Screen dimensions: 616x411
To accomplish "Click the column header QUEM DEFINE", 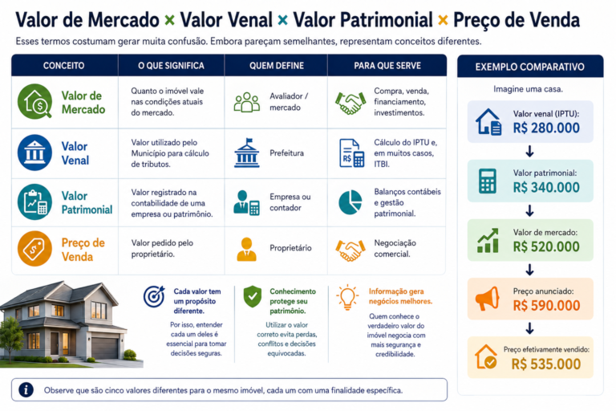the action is pyautogui.click(x=277, y=66).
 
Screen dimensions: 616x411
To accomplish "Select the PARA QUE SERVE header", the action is pyautogui.click(x=387, y=66).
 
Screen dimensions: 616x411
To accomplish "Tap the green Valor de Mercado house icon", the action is pyautogui.click(x=35, y=101).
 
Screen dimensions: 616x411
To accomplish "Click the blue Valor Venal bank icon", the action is pyautogui.click(x=34, y=153).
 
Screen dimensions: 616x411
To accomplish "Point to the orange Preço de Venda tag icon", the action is pyautogui.click(x=34, y=249).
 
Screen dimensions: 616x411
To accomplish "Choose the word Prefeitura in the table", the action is pyautogui.click(x=287, y=153).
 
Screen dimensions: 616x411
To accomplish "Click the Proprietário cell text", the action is pyautogui.click(x=290, y=248).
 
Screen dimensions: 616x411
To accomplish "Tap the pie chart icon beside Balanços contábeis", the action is pyautogui.click(x=350, y=202).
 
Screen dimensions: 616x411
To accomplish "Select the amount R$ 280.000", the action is pyautogui.click(x=546, y=128).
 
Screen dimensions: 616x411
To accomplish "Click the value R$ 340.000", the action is pyautogui.click(x=546, y=187).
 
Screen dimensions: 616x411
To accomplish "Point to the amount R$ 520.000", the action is pyautogui.click(x=546, y=246).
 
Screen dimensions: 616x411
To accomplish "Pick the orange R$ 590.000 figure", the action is pyautogui.click(x=546, y=306).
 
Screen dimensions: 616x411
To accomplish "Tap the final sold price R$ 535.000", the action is pyautogui.click(x=546, y=364).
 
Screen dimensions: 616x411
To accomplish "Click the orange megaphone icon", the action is pyautogui.click(x=487, y=299).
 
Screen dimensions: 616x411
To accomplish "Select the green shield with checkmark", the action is pyautogui.click(x=252, y=296).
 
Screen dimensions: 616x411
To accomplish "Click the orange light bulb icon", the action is pyautogui.click(x=347, y=297).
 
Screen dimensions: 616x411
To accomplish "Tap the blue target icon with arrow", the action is pyautogui.click(x=154, y=296).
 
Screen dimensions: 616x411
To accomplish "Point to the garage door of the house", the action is pyautogui.click(x=104, y=348).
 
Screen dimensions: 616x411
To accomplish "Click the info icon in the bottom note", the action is pyautogui.click(x=26, y=390).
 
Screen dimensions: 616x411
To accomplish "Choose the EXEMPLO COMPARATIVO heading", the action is pyautogui.click(x=529, y=67).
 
